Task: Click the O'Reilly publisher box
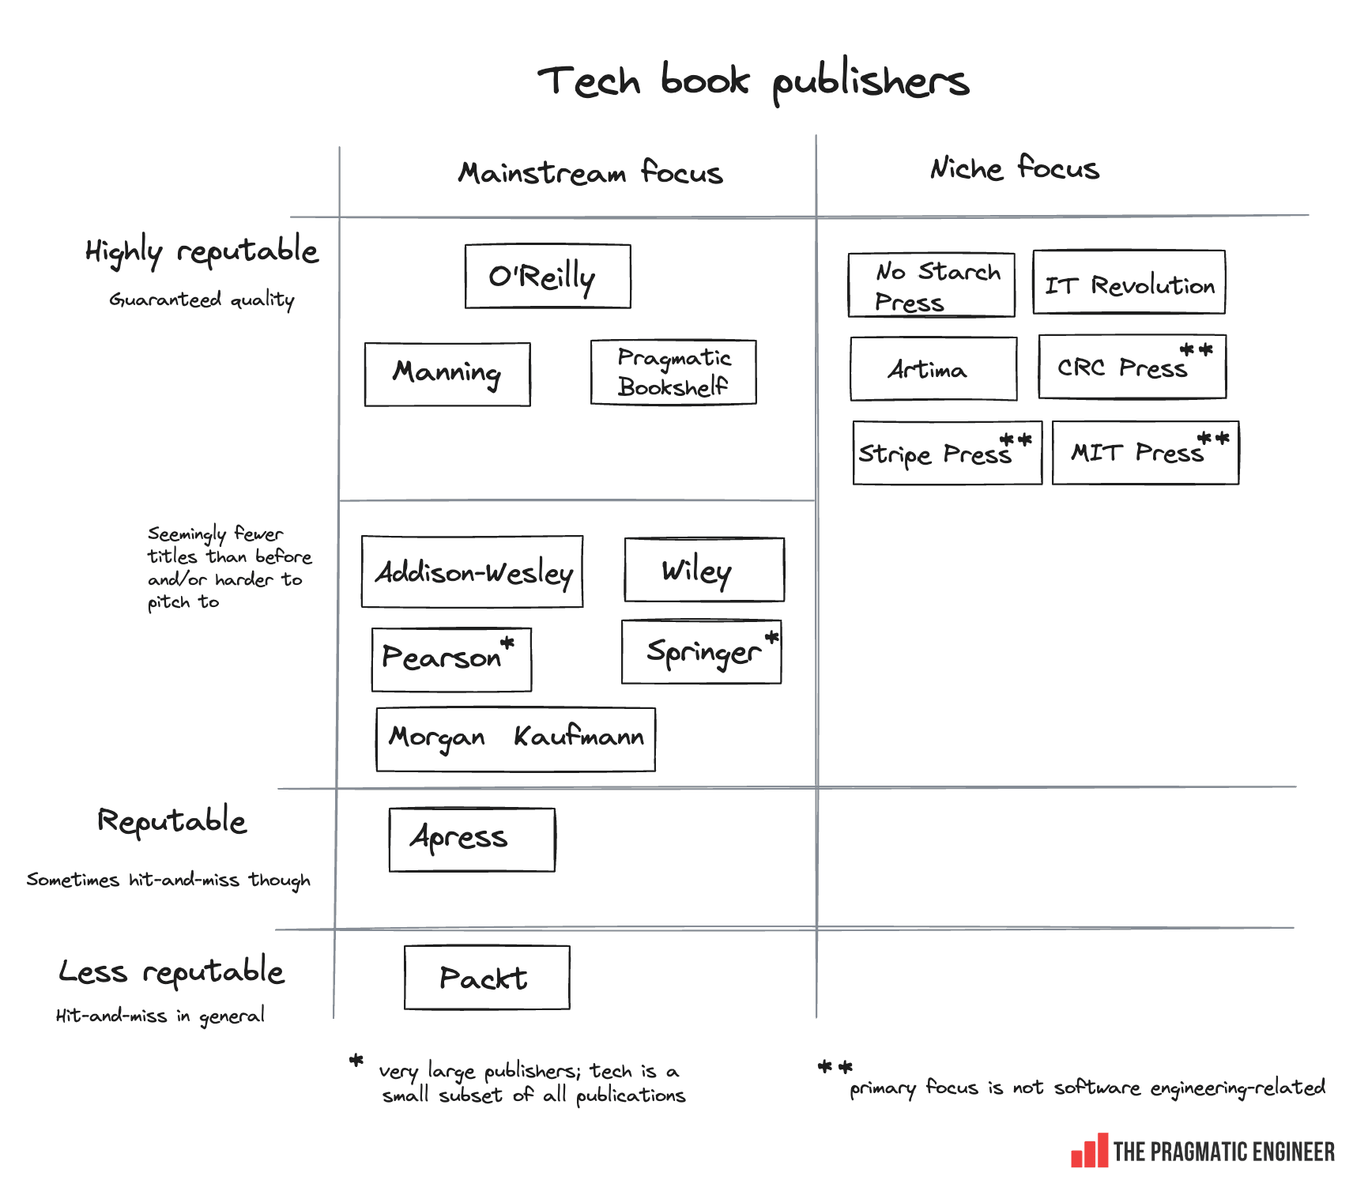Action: click(x=548, y=276)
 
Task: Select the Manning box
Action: click(x=447, y=374)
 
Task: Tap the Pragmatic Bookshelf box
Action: click(x=673, y=372)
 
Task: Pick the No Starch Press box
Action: click(x=931, y=285)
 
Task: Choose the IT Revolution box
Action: click(x=1129, y=282)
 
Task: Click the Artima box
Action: click(x=933, y=369)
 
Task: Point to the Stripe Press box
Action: click(x=947, y=453)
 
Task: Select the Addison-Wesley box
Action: click(x=472, y=571)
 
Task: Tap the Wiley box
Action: click(x=704, y=570)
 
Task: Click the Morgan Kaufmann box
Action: click(x=515, y=739)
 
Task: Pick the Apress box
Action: click(x=472, y=839)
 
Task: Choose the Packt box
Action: click(x=487, y=978)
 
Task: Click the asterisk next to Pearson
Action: click(x=507, y=643)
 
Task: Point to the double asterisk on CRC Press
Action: click(x=1196, y=349)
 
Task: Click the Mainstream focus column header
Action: click(x=590, y=172)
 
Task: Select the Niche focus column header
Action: click(x=1014, y=168)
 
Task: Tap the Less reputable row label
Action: click(x=171, y=971)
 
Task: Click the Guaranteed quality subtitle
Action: click(x=202, y=300)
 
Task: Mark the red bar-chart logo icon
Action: click(x=1089, y=1151)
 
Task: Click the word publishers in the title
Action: click(x=870, y=81)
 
